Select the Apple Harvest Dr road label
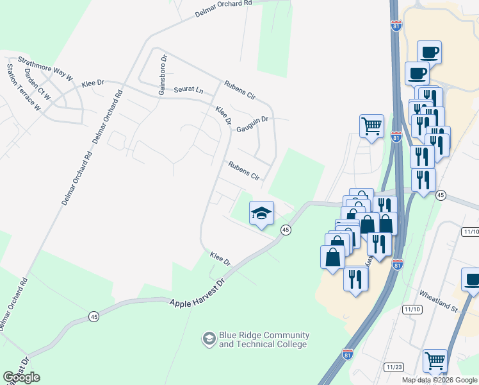click(199, 293)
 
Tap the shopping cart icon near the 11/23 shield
click(435, 361)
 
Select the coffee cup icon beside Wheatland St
click(472, 280)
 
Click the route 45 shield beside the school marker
click(286, 230)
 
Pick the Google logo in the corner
click(21, 377)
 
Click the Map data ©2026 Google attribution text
click(439, 380)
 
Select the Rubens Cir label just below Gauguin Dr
click(244, 171)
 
